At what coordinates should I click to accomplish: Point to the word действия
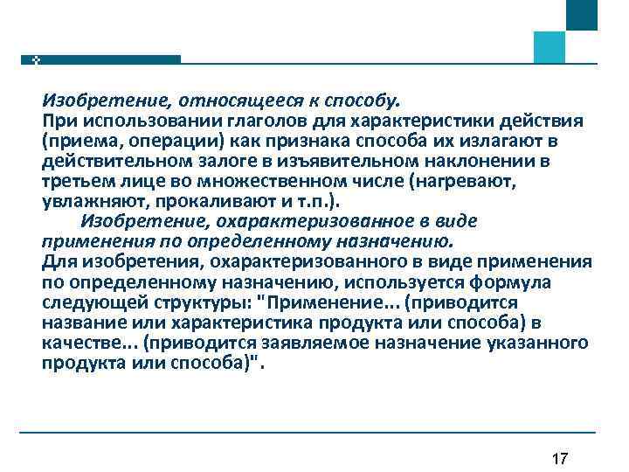pos(540,118)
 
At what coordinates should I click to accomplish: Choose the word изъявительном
pos(356,162)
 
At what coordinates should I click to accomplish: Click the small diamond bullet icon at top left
pos(37,59)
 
